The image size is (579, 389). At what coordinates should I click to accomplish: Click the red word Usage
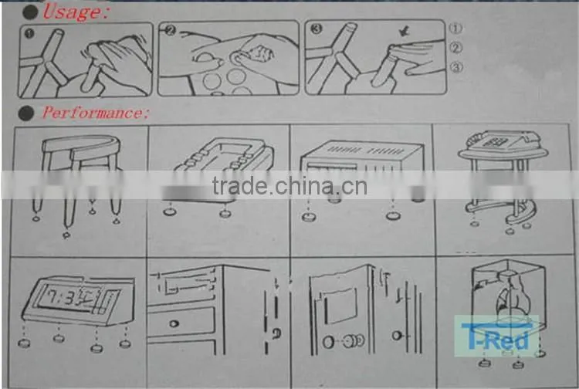[75, 12]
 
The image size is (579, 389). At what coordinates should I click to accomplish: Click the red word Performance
[95, 113]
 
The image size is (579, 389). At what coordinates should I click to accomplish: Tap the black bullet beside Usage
[29, 12]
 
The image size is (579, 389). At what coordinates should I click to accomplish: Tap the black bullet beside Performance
[25, 113]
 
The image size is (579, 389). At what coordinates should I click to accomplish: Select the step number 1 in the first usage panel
[29, 34]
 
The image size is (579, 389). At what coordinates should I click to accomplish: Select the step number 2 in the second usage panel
[170, 30]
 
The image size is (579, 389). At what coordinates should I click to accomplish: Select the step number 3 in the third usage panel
[316, 29]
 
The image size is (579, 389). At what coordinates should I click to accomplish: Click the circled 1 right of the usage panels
[455, 28]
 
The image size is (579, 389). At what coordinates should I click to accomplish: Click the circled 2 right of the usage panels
[456, 48]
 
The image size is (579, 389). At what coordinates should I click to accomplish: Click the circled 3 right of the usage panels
[456, 67]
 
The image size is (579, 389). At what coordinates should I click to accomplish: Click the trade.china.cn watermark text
[289, 186]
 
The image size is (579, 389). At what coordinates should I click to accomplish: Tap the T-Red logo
[496, 337]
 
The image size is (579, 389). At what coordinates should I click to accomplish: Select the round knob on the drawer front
[174, 323]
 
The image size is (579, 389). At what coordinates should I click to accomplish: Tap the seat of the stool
[81, 144]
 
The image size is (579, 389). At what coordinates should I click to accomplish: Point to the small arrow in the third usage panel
[405, 33]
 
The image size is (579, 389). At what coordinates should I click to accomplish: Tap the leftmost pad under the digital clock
[25, 343]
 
